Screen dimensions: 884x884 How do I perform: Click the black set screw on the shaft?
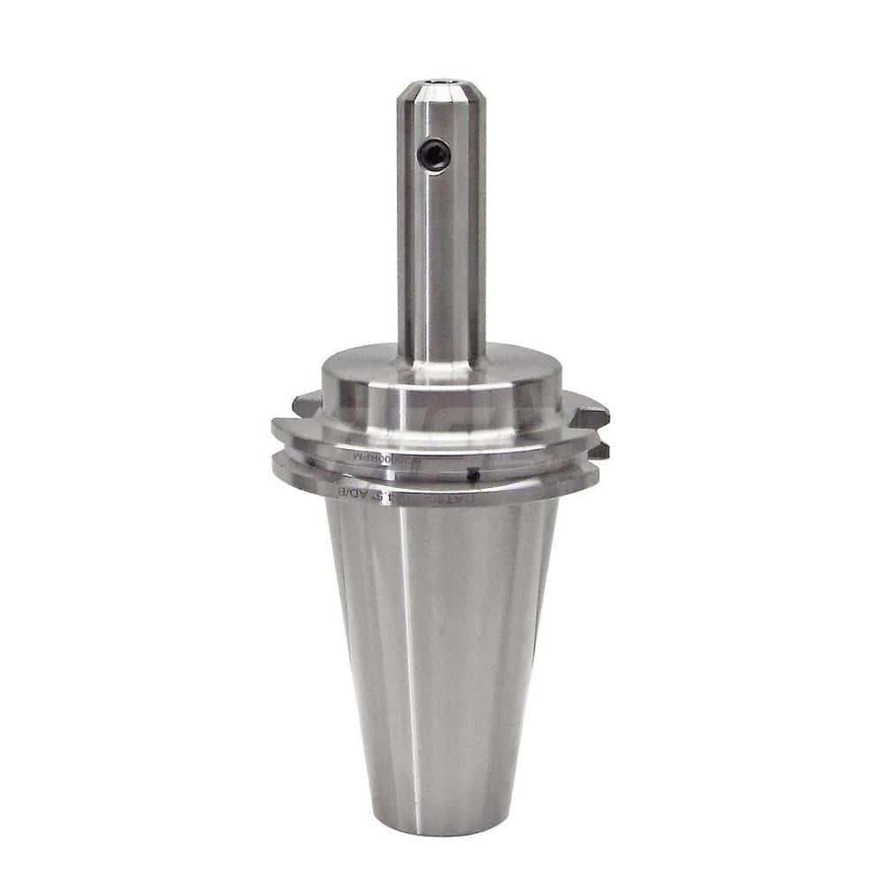click(x=435, y=155)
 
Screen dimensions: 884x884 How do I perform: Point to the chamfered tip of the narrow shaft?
click(x=440, y=97)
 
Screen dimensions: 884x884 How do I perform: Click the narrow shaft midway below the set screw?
click(x=440, y=265)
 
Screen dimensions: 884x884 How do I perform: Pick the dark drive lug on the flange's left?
click(x=306, y=406)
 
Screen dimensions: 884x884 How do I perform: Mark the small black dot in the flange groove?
click(x=474, y=476)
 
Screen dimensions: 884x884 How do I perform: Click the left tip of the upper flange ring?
click(x=277, y=432)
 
